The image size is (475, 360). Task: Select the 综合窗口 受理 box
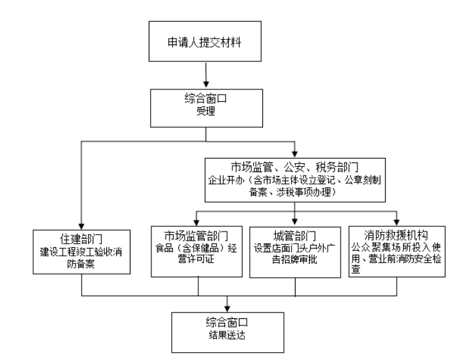pyautogui.click(x=206, y=108)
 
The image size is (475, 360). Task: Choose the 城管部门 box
pyautogui.click(x=295, y=250)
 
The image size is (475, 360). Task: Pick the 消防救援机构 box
pyautogui.click(x=397, y=250)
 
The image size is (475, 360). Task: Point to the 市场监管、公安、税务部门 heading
pyautogui.click(x=294, y=164)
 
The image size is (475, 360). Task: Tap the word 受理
pyautogui.click(x=206, y=113)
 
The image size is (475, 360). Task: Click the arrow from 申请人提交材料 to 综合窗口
pyautogui.click(x=206, y=78)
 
